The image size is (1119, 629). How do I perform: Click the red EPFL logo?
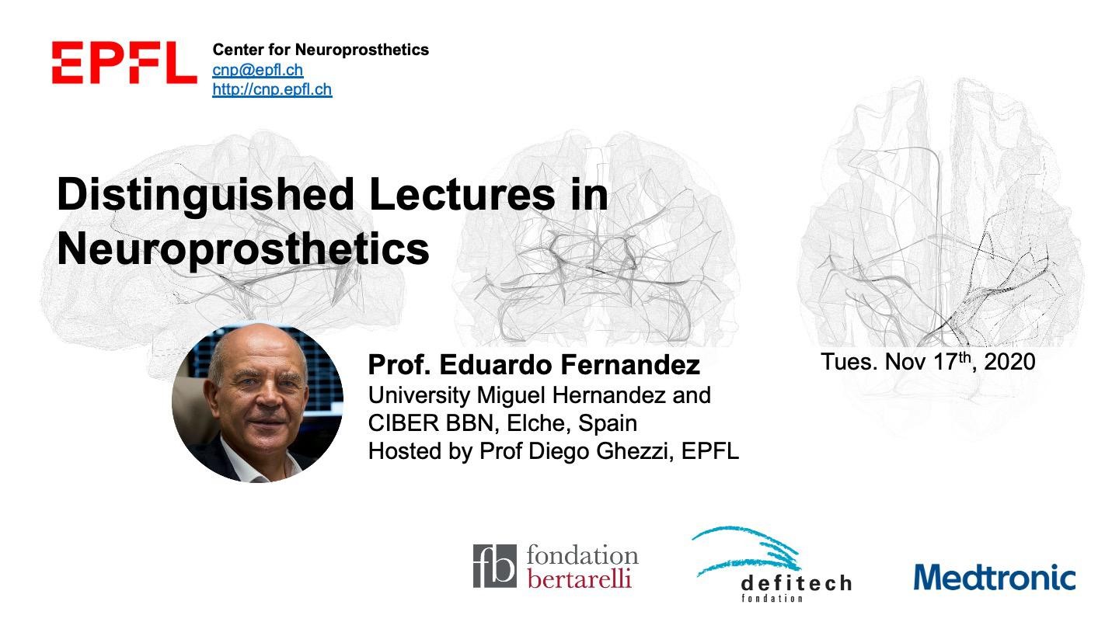click(124, 62)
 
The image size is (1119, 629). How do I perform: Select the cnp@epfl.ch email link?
click(258, 70)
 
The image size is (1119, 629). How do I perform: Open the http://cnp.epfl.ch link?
click(272, 89)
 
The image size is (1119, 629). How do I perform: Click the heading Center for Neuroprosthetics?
click(321, 50)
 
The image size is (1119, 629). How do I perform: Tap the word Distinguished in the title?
click(206, 195)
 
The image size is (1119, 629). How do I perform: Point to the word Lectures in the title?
click(462, 194)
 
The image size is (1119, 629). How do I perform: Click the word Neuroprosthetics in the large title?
click(243, 249)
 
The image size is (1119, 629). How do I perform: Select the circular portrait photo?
click(258, 403)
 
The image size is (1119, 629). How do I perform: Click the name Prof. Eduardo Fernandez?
click(534, 365)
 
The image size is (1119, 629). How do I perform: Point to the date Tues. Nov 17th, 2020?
click(928, 362)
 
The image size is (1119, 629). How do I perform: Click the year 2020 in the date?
click(1009, 362)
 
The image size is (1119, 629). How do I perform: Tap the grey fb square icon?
click(494, 566)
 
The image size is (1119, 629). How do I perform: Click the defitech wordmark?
click(797, 584)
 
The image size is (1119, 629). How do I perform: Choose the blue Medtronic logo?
click(995, 577)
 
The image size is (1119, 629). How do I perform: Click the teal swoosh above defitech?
click(748, 551)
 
